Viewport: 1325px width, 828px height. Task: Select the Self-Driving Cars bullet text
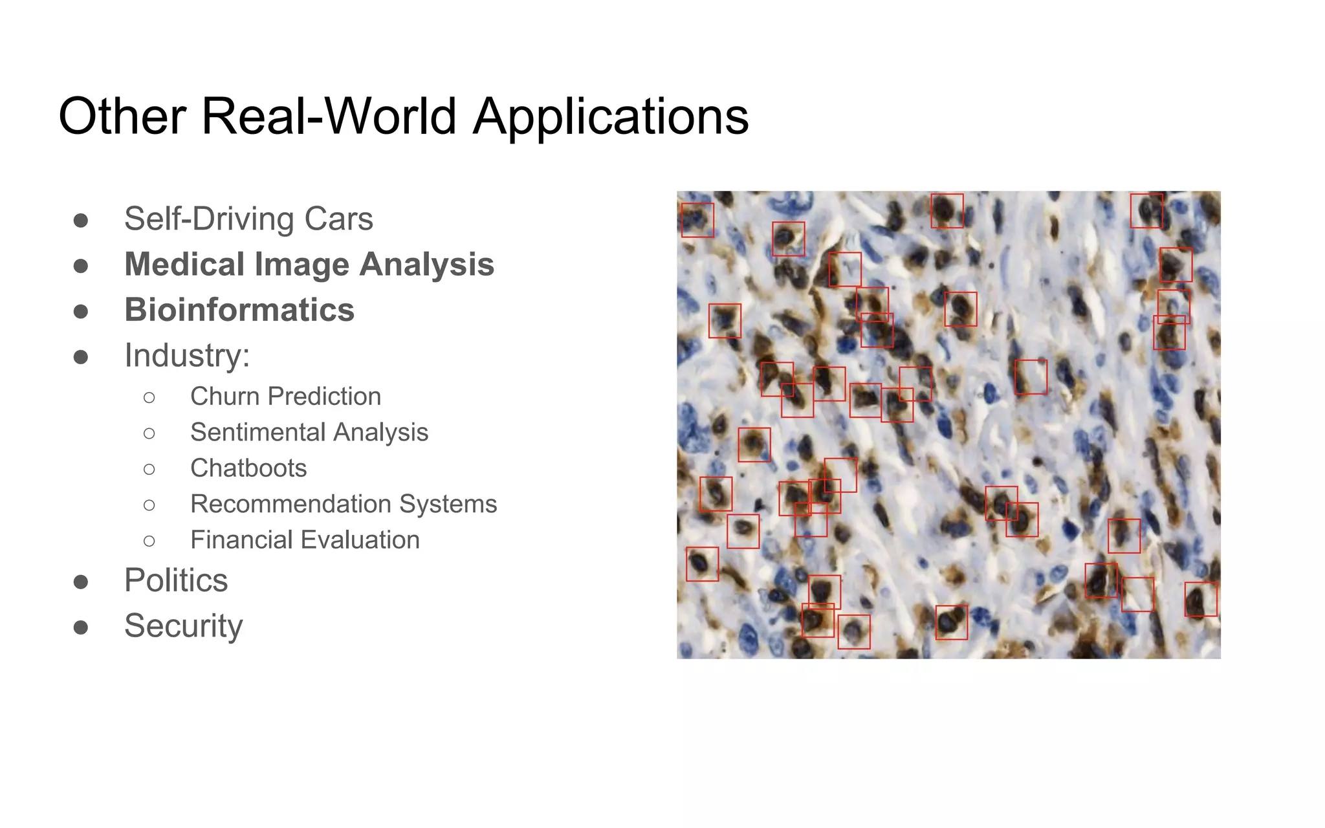click(x=248, y=219)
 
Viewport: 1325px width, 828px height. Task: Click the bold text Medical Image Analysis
click(x=309, y=265)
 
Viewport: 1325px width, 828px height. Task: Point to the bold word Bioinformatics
click(x=239, y=310)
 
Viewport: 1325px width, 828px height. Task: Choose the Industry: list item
click(x=187, y=355)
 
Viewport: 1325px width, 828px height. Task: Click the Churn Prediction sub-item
click(x=285, y=397)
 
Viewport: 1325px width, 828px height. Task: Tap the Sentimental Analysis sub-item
click(x=309, y=432)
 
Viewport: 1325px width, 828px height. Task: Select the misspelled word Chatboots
click(x=248, y=468)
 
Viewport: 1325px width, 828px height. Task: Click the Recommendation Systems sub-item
click(x=344, y=504)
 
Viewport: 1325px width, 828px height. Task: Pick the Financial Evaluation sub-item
click(x=305, y=539)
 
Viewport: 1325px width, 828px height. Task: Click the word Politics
click(x=176, y=580)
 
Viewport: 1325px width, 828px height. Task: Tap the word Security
click(x=184, y=626)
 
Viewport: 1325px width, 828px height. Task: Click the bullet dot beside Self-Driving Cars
click(x=81, y=221)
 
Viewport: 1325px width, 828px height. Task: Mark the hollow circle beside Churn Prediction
click(x=149, y=397)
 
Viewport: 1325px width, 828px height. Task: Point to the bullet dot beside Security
click(x=81, y=627)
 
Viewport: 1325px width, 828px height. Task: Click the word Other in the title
click(x=122, y=117)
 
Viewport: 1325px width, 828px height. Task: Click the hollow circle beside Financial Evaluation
click(x=149, y=541)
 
